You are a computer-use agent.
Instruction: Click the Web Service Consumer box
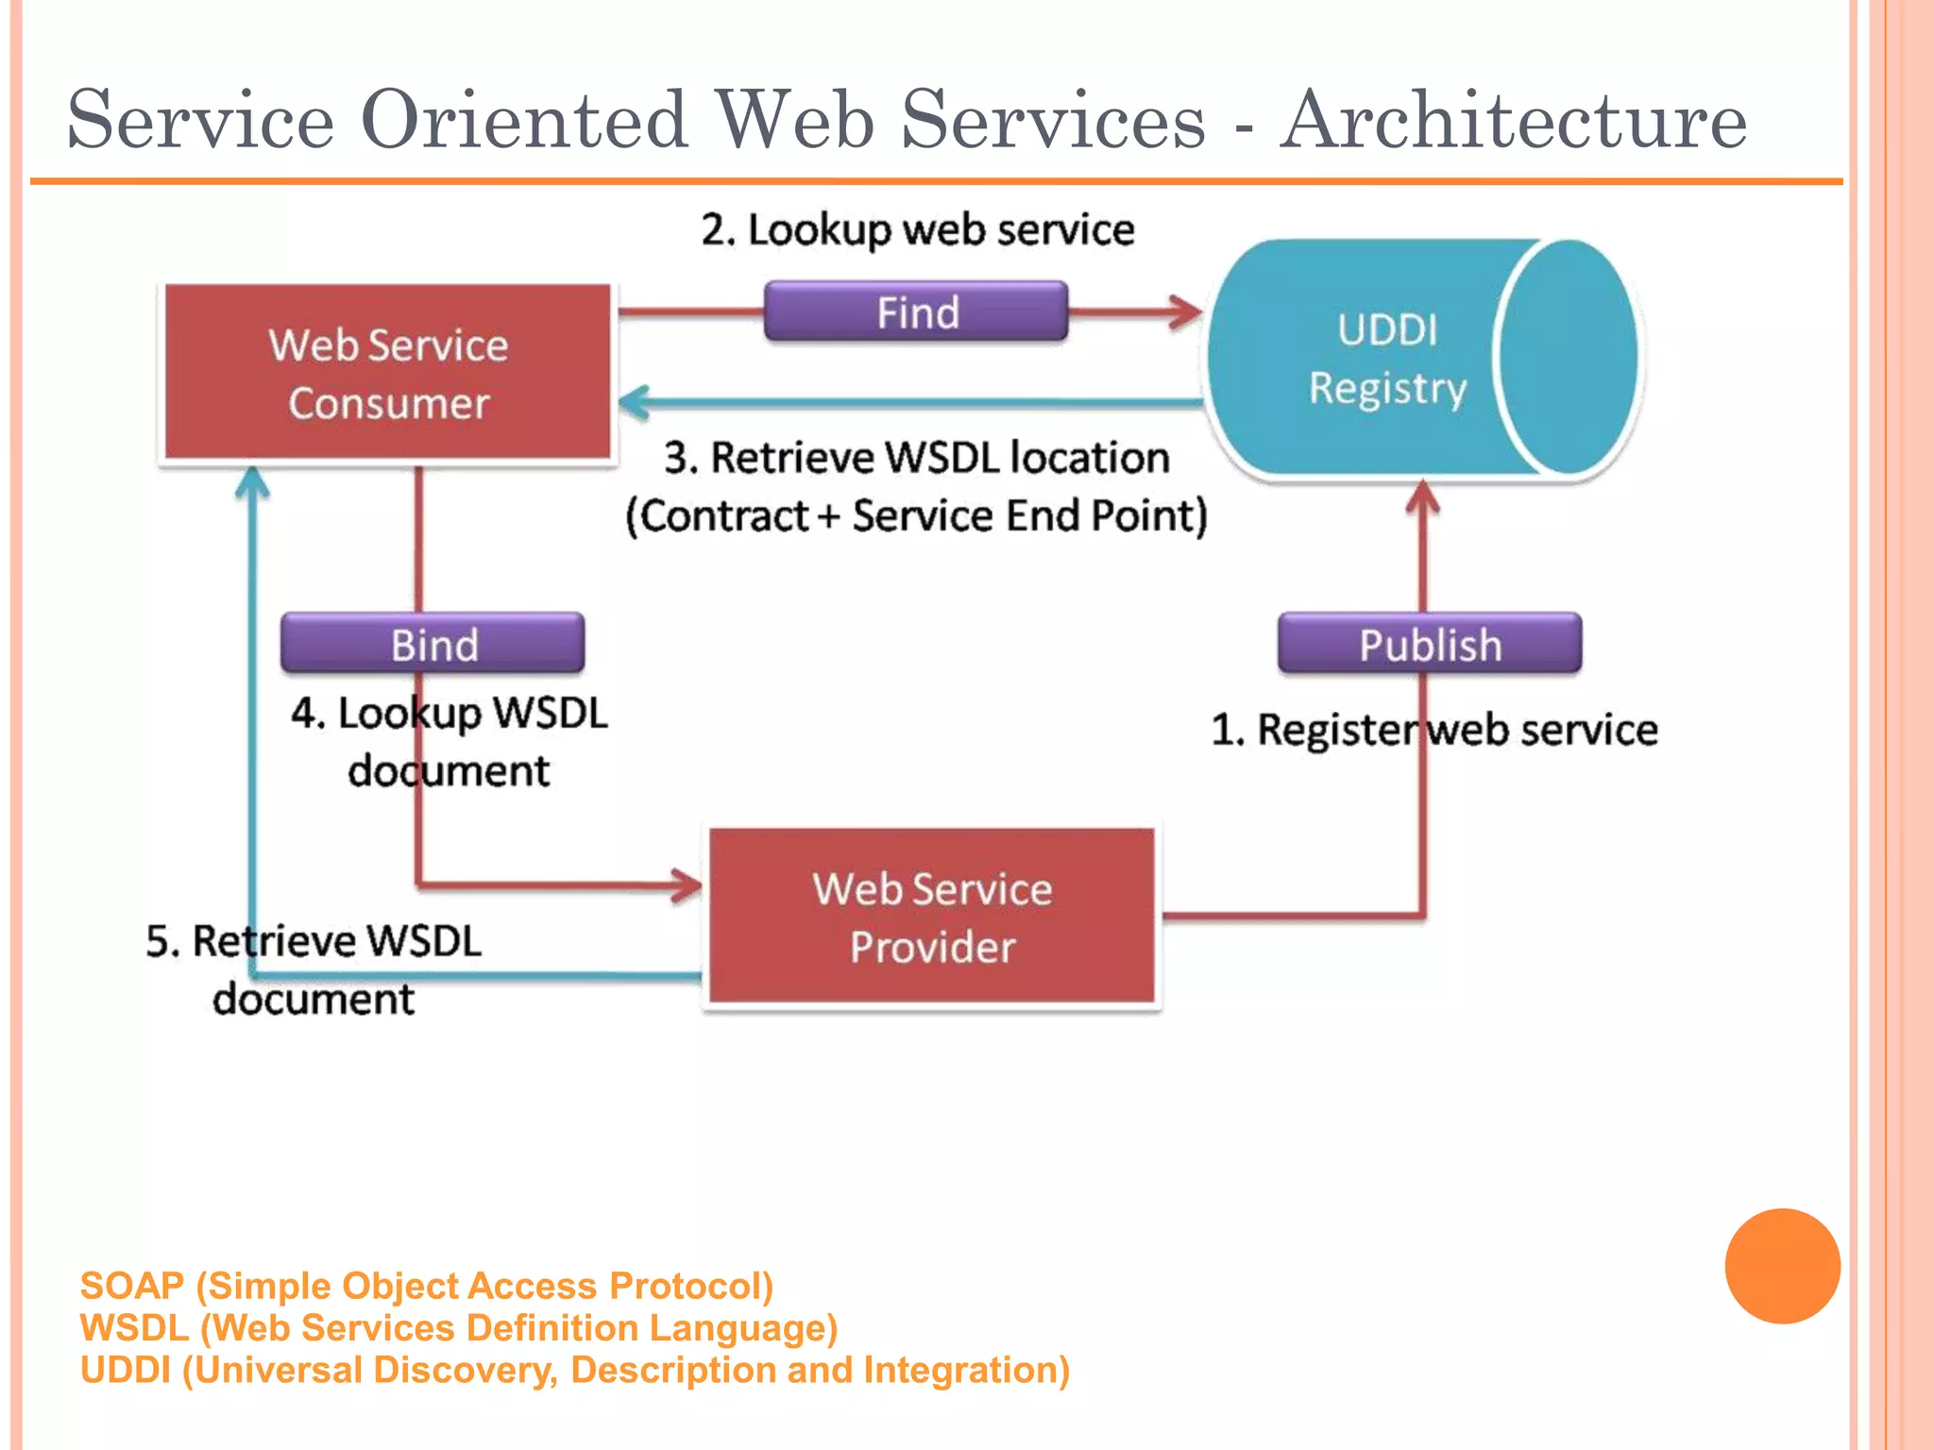387,373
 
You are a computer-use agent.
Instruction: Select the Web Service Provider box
932,916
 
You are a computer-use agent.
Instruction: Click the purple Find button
916,312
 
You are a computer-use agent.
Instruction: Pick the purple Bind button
433,644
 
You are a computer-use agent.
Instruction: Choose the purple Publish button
1429,644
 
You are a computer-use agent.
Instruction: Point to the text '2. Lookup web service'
917,230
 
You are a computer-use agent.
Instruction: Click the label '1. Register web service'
1434,730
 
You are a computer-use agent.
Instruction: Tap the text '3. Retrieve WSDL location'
916,458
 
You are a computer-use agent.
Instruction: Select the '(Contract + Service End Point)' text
916,516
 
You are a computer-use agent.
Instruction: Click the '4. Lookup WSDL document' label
449,741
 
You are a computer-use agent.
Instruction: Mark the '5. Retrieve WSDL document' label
314,969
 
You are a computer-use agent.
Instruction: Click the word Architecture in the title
1513,121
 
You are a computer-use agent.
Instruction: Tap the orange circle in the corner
1782,1266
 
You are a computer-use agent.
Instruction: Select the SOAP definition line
426,1286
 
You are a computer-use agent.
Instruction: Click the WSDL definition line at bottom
459,1328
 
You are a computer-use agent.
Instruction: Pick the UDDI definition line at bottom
574,1370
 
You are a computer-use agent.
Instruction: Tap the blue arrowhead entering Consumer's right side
635,402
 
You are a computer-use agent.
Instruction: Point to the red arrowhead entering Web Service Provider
687,885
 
